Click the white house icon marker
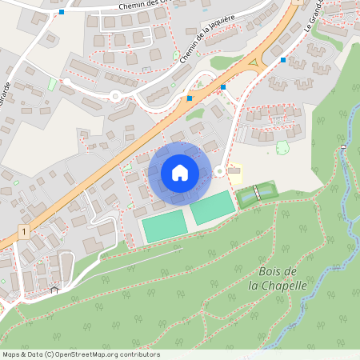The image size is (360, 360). pyautogui.click(x=180, y=172)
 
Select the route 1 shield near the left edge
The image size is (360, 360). pyautogui.click(x=25, y=232)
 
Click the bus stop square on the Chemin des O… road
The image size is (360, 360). pyautogui.click(x=62, y=12)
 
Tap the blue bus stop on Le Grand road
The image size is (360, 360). pyautogui.click(x=283, y=59)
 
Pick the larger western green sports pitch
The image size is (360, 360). pyautogui.click(x=164, y=226)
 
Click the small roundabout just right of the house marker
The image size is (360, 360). pyautogui.click(x=219, y=170)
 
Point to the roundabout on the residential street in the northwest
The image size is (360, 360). pyautogui.click(x=115, y=97)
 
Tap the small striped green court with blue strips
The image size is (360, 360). pyautogui.click(x=256, y=193)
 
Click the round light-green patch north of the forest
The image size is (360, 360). pyautogui.click(x=282, y=147)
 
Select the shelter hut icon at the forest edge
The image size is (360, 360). pyautogui.click(x=54, y=290)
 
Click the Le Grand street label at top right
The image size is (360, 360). pyautogui.click(x=314, y=18)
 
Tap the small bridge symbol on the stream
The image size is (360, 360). pyautogui.click(x=342, y=147)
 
